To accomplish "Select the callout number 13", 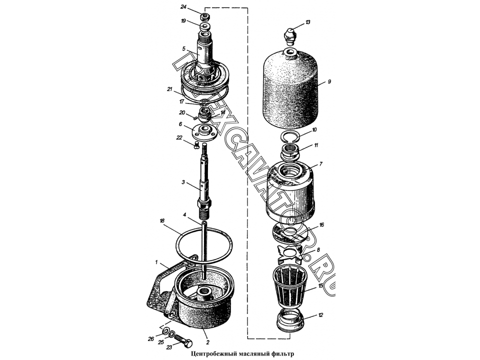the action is pos(307,22).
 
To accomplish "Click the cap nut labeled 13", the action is pos(290,36).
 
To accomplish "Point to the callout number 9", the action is pos(329,81).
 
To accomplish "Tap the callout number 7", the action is pos(320,164).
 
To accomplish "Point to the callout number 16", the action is pos(321,224).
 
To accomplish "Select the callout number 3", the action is pos(183,182).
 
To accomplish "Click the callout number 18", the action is pos(162,220).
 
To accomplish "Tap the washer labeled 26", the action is pos(165,331).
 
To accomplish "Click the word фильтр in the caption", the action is pos(282,354).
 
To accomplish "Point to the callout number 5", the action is pos(183,48).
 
